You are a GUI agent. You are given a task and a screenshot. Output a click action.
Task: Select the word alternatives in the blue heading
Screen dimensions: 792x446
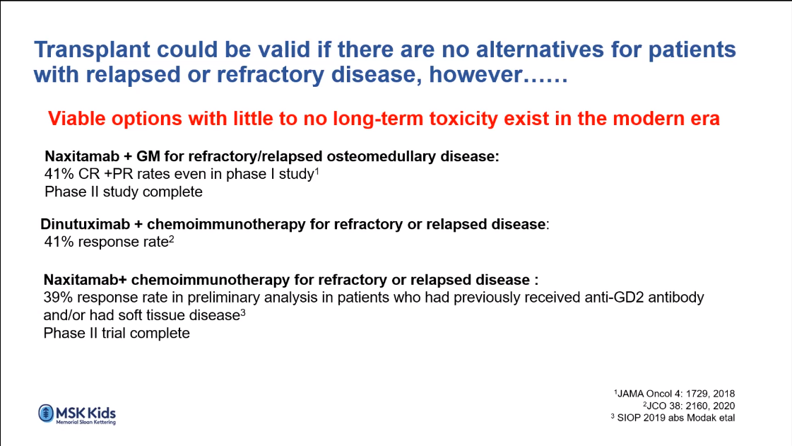[540, 49]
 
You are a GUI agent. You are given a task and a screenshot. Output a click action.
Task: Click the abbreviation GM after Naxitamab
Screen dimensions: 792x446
[148, 157]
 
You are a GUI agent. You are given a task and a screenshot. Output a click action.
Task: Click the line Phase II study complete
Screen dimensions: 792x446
[123, 192]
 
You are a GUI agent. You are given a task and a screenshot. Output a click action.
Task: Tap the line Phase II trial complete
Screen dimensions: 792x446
[117, 334]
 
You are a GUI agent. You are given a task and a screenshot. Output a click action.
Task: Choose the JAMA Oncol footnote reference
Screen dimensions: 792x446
[674, 394]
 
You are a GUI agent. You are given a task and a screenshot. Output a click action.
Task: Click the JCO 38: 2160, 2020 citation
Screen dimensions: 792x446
[689, 406]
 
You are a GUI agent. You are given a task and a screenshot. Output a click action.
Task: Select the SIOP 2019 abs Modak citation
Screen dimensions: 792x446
[673, 418]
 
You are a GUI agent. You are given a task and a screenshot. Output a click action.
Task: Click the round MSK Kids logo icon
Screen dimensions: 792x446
[46, 413]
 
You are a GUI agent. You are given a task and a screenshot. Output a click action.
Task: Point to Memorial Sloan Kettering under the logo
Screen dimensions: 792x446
[86, 422]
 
